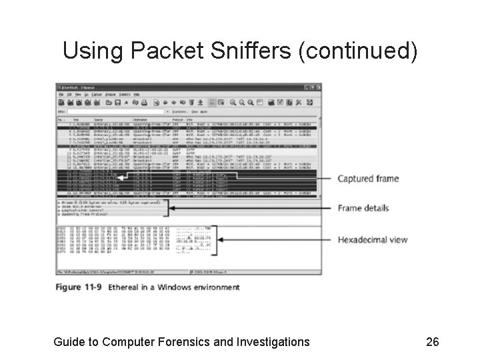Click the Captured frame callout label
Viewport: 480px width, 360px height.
(x=367, y=179)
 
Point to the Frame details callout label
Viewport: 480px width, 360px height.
(x=363, y=208)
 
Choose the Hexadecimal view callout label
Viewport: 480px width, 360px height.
(x=372, y=240)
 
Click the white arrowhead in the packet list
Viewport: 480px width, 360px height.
(x=120, y=178)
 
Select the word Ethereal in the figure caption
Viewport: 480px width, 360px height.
(x=127, y=287)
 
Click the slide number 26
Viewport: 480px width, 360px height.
(x=432, y=342)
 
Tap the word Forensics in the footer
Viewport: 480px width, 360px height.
(x=186, y=342)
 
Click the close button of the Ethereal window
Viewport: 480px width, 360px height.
(x=317, y=87)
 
